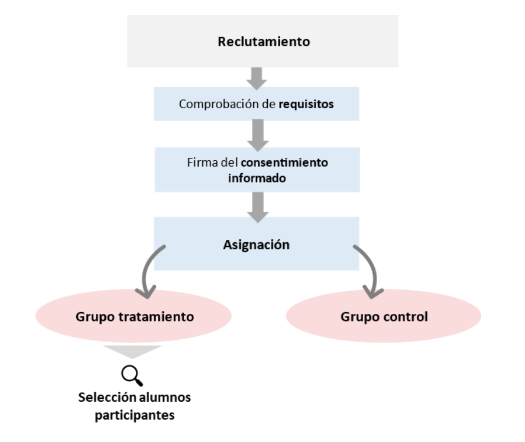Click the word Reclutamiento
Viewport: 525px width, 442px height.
(x=264, y=42)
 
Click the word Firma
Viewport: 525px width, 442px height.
(x=197, y=162)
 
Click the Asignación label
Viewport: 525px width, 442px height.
(x=257, y=244)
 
